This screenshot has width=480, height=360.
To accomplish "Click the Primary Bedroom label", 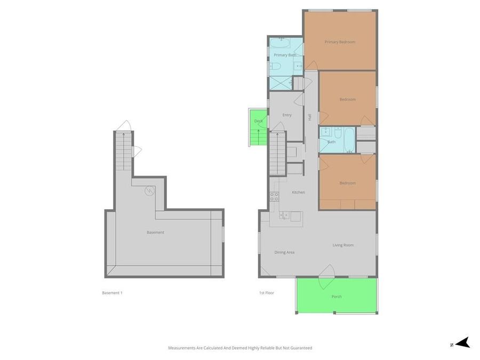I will coord(340,42).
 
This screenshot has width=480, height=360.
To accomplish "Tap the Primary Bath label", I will coord(285,55).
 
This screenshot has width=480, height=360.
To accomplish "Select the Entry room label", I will coord(287,115).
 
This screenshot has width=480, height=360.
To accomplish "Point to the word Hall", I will coord(309,117).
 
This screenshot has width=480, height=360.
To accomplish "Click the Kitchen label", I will coord(298,192).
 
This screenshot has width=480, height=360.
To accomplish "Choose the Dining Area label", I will coord(284,252).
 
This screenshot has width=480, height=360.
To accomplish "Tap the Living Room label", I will coord(343,245).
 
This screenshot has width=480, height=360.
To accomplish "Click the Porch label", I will coord(337,297).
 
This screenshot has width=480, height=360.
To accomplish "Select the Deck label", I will coord(259,121).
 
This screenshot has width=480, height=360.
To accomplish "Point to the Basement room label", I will coord(155,233).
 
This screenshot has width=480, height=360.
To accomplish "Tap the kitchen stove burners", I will coord(274,196).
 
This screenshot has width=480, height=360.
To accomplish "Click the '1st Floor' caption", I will coord(266,293).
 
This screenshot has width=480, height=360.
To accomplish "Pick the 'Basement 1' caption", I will coord(112,293).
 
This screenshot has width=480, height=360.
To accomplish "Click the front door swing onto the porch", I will coord(326,270).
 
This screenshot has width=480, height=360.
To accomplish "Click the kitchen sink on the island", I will coord(285,215).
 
